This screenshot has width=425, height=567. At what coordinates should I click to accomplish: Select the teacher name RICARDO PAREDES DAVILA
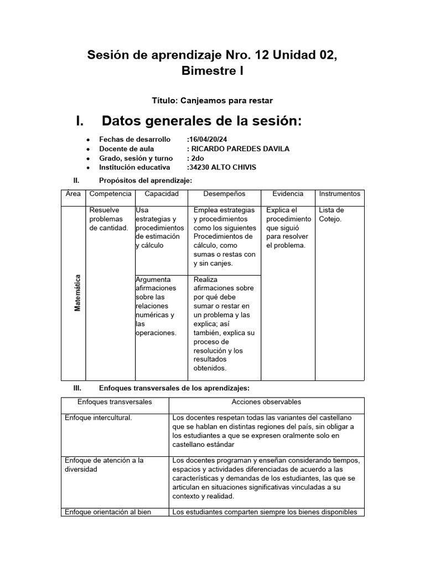[x=239, y=149]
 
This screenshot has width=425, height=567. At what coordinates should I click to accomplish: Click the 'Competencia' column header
[x=110, y=194]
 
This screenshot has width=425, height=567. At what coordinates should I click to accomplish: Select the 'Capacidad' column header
[x=161, y=194]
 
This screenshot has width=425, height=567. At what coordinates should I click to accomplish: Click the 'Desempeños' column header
[x=224, y=194]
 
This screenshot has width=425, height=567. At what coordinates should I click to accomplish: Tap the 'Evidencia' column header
[x=288, y=194]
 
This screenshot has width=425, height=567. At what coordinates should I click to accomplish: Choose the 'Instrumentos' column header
[x=339, y=194]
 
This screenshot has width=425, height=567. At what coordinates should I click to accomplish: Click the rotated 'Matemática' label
[x=77, y=293]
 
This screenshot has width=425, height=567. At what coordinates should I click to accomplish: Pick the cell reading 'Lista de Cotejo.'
[x=331, y=214]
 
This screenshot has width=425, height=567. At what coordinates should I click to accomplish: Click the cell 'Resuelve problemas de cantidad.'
[x=108, y=219]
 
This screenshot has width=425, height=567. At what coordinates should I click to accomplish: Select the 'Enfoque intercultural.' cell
[x=99, y=417]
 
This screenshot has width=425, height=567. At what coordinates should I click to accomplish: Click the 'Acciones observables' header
[x=266, y=401]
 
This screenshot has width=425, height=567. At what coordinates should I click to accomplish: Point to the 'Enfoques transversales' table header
[x=115, y=401]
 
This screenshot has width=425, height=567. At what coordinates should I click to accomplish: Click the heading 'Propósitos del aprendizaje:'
[x=145, y=181]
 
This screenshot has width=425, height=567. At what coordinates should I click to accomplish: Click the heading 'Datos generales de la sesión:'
[x=201, y=121]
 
